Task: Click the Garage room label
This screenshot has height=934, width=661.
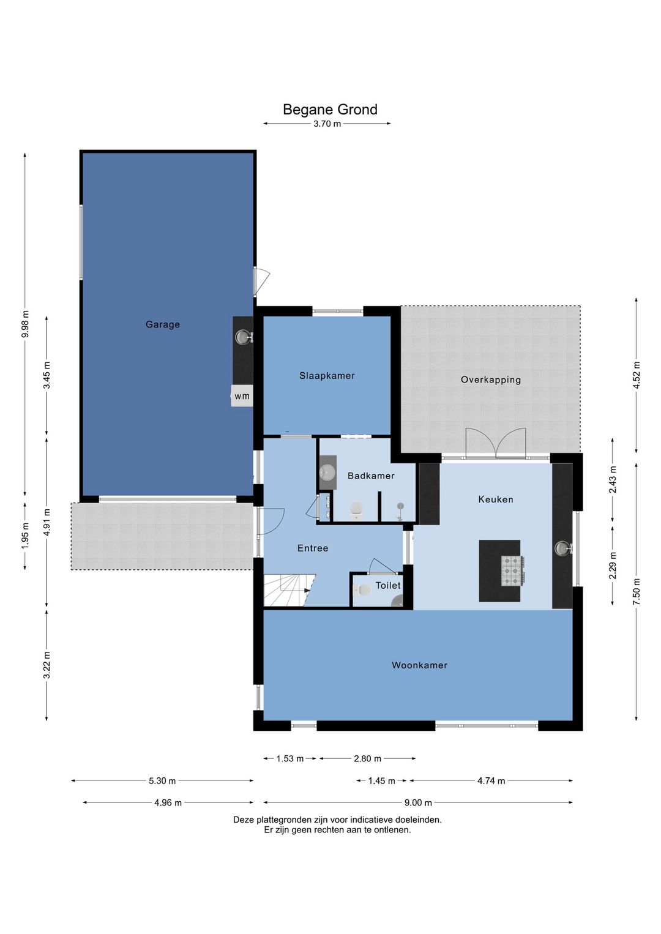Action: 163,324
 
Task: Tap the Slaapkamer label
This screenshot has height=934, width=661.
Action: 327,376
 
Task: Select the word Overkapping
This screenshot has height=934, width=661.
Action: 491,380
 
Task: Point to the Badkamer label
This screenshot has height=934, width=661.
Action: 371,476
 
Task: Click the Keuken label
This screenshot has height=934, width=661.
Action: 496,499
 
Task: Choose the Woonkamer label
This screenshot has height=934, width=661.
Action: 419,665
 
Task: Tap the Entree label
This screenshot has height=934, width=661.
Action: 313,548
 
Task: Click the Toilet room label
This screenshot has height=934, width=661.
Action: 388,585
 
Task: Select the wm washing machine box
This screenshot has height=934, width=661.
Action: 242,396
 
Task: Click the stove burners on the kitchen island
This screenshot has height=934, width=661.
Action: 513,571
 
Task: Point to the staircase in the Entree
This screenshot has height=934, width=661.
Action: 289,589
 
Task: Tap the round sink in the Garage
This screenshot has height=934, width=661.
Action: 242,336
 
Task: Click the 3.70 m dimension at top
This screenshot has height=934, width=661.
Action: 327,124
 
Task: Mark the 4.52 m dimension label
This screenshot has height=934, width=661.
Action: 637,375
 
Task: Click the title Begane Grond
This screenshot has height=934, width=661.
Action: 330,109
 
